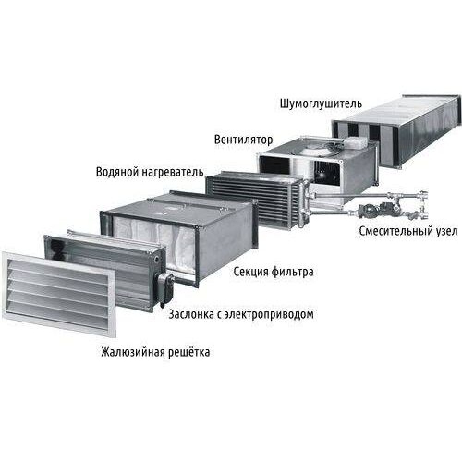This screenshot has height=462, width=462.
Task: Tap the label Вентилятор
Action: pyautogui.click(x=243, y=140)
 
